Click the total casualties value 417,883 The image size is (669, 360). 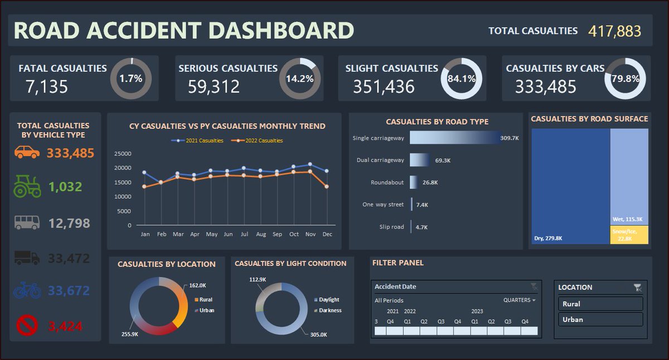614,31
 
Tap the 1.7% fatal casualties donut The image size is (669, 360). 131,79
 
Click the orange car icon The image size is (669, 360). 27,152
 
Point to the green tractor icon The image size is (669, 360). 27,187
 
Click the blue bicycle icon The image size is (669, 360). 27,290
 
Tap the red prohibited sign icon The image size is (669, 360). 27,325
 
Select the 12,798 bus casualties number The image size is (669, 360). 69,223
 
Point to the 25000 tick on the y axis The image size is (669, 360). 122,154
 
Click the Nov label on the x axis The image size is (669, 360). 310,235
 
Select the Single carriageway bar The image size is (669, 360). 454,138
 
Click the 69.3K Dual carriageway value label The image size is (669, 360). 443,160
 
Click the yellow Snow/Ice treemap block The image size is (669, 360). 629,235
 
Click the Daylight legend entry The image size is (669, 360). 328,299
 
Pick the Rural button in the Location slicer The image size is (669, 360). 600,304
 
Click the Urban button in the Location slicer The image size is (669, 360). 600,319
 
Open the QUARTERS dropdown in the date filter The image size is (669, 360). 519,300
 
